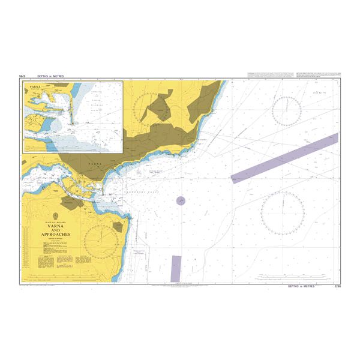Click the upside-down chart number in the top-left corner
tap(23, 77)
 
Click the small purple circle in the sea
tap(181, 201)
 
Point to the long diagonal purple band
tap(284, 158)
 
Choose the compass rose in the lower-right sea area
tap(283, 214)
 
